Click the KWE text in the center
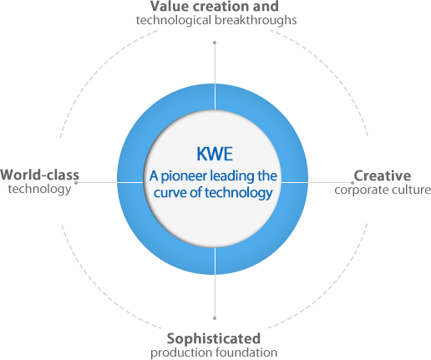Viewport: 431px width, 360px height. click(x=215, y=154)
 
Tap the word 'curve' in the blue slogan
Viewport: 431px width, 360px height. click(x=170, y=193)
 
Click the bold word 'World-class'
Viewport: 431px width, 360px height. click(x=39, y=175)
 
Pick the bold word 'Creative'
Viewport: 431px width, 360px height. click(x=383, y=176)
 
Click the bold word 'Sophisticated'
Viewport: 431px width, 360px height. click(x=214, y=339)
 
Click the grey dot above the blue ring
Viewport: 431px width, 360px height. click(x=215, y=43)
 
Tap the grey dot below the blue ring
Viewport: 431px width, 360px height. click(x=215, y=318)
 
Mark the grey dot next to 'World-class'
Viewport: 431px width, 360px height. click(x=76, y=183)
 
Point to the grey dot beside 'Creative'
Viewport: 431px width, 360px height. click(x=352, y=183)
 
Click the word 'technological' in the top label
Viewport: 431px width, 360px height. click(x=174, y=21)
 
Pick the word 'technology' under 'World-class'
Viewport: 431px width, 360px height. click(x=39, y=190)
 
